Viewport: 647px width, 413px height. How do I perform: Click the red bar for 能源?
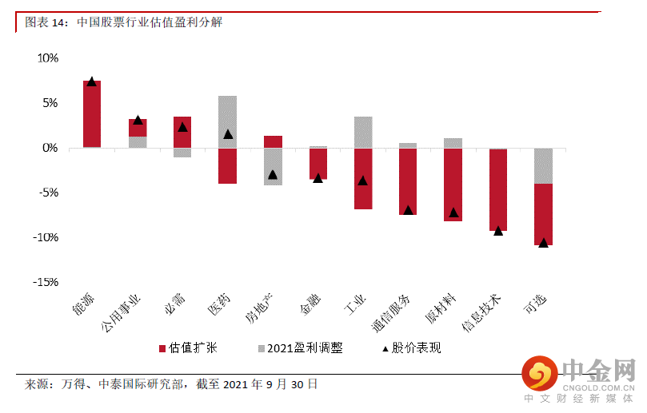92,114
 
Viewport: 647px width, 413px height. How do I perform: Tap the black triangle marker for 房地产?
273,174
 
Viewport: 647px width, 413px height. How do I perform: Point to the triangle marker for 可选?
544,243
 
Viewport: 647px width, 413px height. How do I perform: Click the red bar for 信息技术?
498,189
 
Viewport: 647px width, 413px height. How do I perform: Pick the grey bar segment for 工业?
363,132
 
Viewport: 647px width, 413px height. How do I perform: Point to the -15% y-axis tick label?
46,282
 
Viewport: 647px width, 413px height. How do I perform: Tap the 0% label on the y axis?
50,148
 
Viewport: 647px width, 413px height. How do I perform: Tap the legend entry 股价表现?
411,348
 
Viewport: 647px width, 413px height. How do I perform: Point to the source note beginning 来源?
172,384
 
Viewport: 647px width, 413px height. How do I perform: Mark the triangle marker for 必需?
182,127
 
